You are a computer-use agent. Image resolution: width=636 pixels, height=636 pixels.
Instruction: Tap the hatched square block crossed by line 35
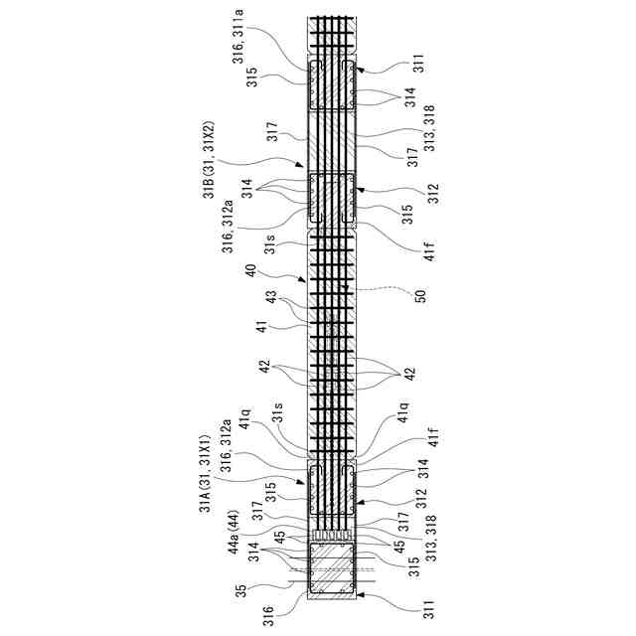(x=332, y=573)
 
